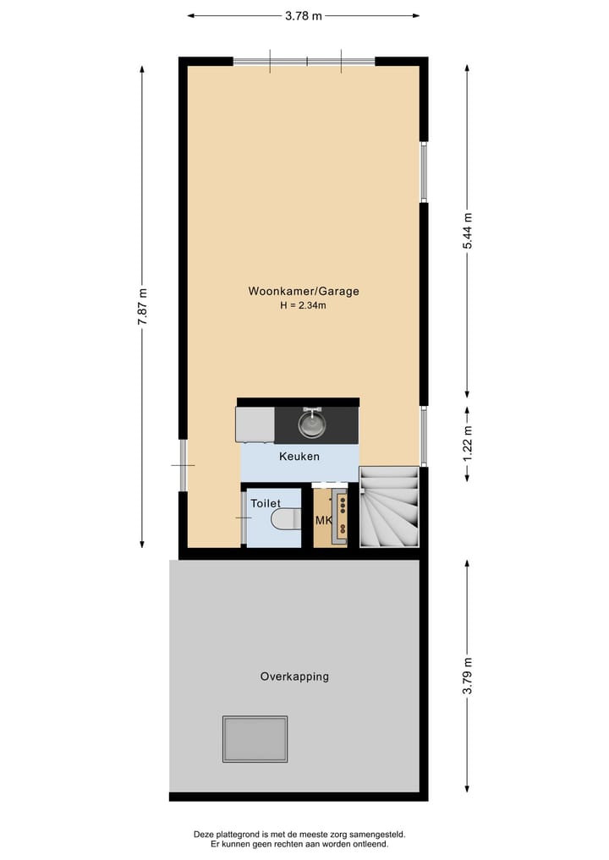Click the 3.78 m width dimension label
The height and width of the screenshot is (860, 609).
(x=303, y=14)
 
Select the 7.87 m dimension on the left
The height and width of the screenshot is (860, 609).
(x=143, y=307)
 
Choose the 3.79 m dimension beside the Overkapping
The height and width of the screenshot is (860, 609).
(x=467, y=676)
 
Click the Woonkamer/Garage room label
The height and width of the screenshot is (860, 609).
(x=303, y=291)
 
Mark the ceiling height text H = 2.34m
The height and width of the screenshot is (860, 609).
(x=303, y=306)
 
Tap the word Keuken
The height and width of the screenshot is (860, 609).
(x=299, y=457)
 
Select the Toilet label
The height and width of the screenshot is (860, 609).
(x=265, y=503)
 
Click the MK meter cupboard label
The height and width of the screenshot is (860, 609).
(x=323, y=521)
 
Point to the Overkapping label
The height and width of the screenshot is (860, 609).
(x=294, y=676)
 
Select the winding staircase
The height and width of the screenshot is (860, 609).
(x=389, y=508)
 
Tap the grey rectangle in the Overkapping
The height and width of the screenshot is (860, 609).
(x=255, y=738)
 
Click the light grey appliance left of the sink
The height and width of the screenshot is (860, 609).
(x=255, y=425)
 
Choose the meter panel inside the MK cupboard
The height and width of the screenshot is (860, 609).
(x=341, y=514)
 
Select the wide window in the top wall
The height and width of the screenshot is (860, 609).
(x=304, y=62)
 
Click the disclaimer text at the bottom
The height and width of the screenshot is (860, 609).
(x=303, y=839)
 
